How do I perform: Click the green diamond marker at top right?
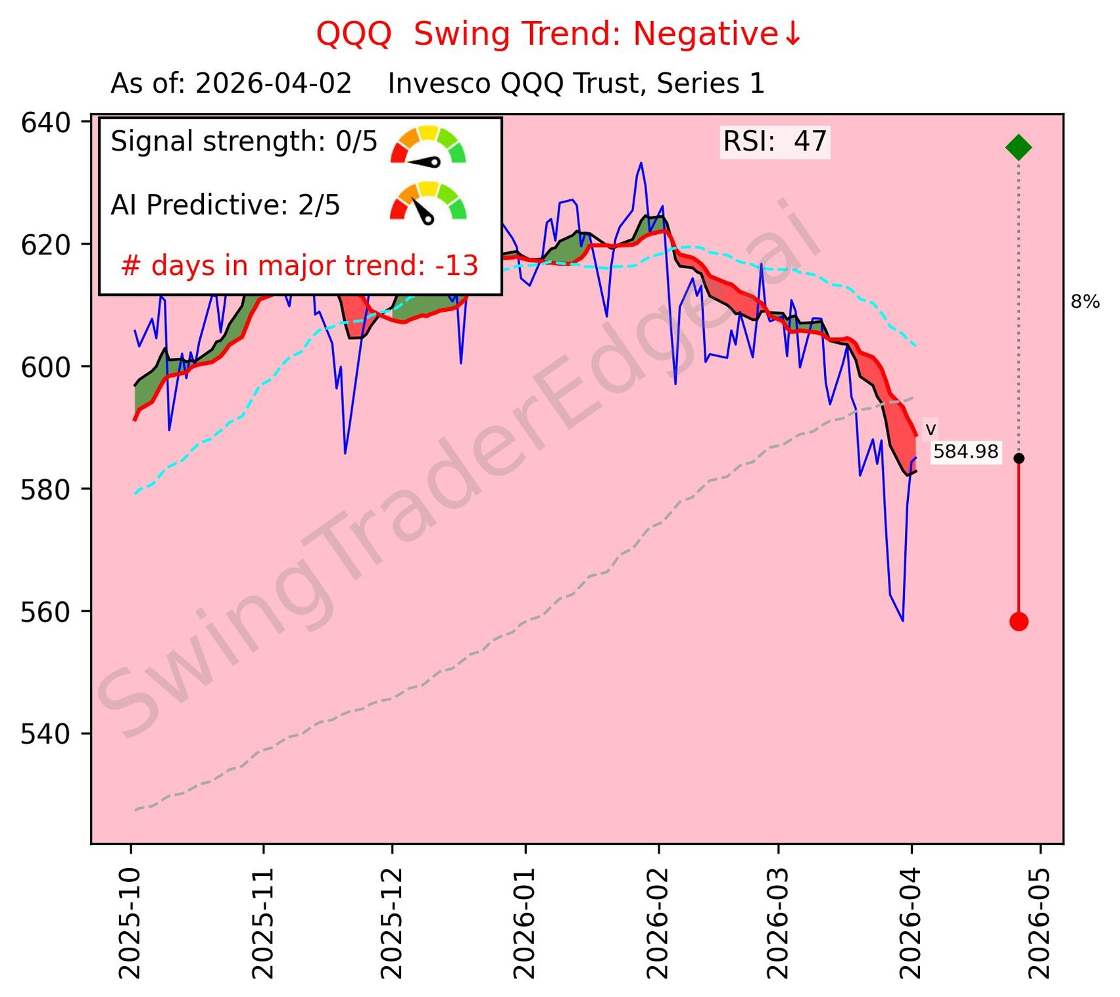coord(1019,147)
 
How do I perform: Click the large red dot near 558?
coord(1019,621)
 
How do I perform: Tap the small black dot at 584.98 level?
coord(1019,458)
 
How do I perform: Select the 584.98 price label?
coord(965,452)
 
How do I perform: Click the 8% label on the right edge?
coord(1085,302)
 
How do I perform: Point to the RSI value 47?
coord(810,141)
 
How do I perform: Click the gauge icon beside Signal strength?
coord(428,145)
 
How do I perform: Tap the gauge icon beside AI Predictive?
coord(428,202)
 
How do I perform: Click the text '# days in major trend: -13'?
coord(300,266)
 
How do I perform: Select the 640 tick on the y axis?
coord(46,123)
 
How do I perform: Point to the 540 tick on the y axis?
coord(46,734)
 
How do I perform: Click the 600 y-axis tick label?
coord(46,367)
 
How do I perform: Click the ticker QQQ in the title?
coord(354,34)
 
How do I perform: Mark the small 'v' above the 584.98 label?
coord(931,430)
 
